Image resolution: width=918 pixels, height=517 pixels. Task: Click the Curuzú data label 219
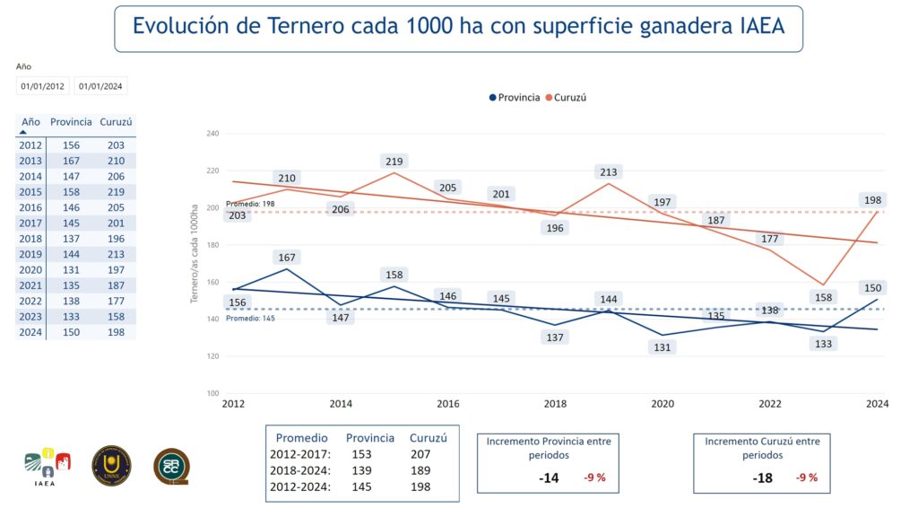[395, 162]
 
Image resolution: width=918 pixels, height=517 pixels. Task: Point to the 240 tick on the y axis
[212, 134]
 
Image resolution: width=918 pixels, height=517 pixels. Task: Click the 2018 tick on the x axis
[555, 405]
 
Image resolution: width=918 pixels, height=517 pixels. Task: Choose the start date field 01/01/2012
[43, 86]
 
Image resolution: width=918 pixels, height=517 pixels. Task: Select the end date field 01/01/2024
[100, 86]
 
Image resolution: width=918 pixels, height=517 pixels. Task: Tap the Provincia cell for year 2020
[71, 270]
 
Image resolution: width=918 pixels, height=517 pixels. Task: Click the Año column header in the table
[30, 122]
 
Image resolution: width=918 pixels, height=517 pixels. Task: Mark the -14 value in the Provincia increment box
[549, 478]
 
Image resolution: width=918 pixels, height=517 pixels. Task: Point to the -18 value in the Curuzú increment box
[763, 478]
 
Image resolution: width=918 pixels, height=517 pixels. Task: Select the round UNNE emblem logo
[111, 466]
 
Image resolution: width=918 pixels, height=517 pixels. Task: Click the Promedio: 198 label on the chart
[249, 205]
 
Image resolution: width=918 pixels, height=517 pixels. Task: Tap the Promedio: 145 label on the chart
[249, 318]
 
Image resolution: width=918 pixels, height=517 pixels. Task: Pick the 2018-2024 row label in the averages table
[299, 470]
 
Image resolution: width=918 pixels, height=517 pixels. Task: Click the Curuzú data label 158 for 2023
[822, 297]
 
